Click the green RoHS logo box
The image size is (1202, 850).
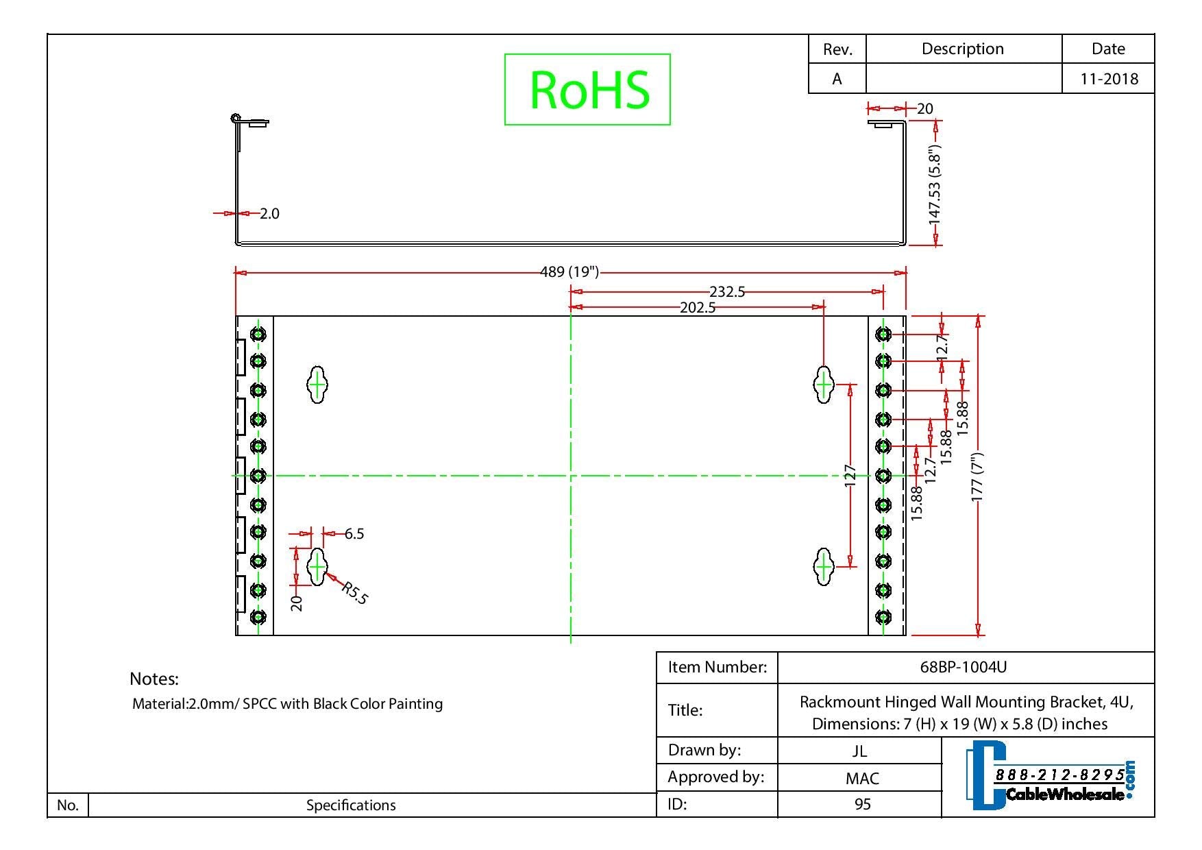tap(587, 89)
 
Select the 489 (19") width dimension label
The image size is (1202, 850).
tap(569, 272)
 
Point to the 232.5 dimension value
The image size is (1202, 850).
tap(726, 292)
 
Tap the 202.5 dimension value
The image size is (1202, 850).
tap(697, 308)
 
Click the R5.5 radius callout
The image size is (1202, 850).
tap(354, 593)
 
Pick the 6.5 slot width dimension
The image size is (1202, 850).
tap(354, 533)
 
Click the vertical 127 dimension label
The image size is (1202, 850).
tap(850, 475)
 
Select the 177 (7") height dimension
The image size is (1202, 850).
tap(978, 476)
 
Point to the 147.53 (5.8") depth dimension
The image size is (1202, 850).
tap(934, 184)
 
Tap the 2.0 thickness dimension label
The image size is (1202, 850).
tap(269, 214)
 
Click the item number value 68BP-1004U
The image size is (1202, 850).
tap(963, 667)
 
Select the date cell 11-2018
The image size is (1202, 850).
tap(1108, 79)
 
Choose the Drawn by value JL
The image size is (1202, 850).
tap(859, 751)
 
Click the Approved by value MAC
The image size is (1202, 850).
tap(861, 778)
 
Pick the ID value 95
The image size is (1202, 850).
tap(862, 803)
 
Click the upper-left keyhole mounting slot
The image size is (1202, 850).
tap(317, 385)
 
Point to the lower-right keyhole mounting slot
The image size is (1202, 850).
tap(823, 566)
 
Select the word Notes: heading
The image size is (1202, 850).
tap(154, 679)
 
